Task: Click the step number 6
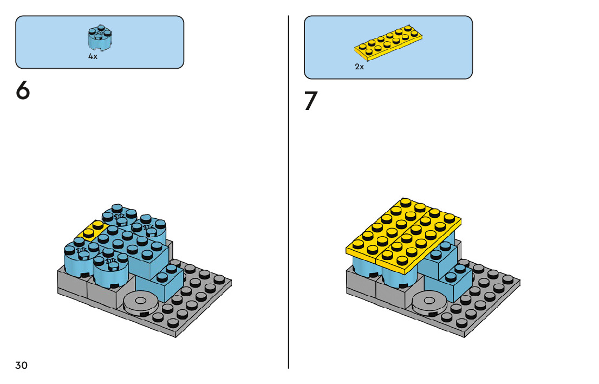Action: pyautogui.click(x=22, y=90)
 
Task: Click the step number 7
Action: pyautogui.click(x=310, y=101)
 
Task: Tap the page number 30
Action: pyautogui.click(x=21, y=365)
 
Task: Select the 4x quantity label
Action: pyautogui.click(x=93, y=57)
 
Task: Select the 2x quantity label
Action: pyautogui.click(x=360, y=67)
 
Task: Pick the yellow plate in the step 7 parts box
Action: pyautogui.click(x=388, y=41)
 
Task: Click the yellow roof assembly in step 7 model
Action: pyautogui.click(x=403, y=233)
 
